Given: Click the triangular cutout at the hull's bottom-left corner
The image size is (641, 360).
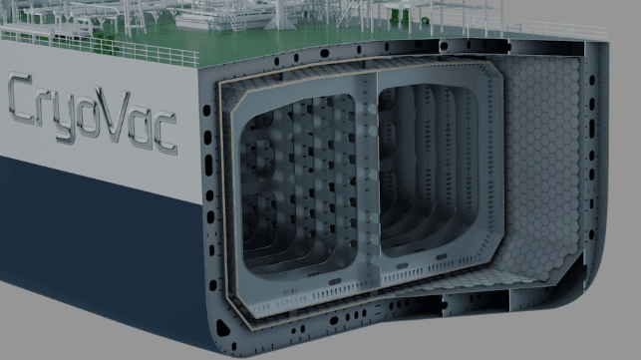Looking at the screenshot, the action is tap(222, 328).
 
